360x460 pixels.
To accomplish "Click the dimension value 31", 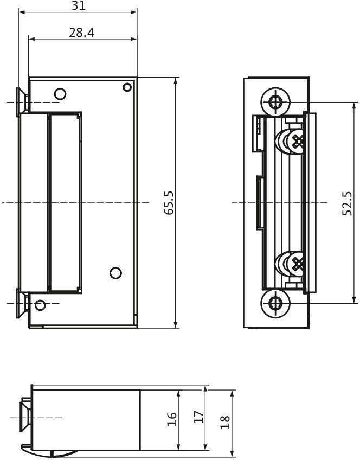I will (x=79, y=6).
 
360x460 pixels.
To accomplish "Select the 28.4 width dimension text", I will (x=81, y=33).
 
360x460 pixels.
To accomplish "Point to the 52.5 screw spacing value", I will (x=347, y=203).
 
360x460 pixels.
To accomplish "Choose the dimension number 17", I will (x=198, y=417).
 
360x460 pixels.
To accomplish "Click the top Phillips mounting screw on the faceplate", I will (x=275, y=101).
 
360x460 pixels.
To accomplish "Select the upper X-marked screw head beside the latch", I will (x=297, y=142).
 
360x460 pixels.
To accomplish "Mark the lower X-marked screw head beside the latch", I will (x=297, y=264).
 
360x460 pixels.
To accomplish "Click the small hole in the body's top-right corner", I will (x=127, y=87).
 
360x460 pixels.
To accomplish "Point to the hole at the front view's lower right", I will (x=115, y=273).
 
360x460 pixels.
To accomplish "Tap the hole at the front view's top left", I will (x=60, y=94).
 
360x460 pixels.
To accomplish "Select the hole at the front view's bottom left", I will (x=40, y=305).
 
